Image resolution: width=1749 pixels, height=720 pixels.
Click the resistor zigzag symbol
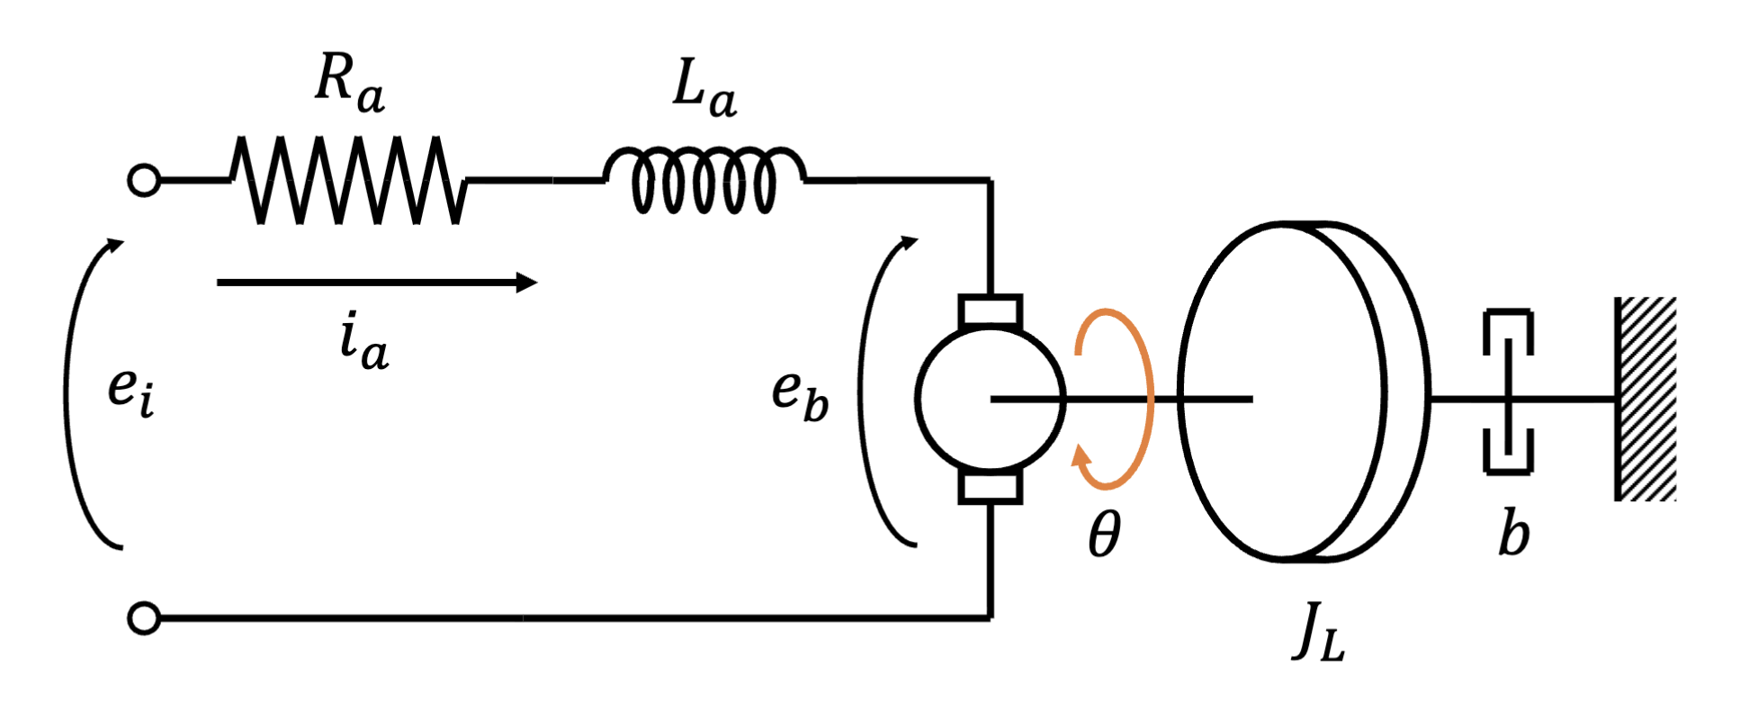coord(349,180)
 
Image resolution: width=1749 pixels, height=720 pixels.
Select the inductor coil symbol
coord(704,180)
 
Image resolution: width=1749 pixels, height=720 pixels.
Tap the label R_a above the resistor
coord(350,85)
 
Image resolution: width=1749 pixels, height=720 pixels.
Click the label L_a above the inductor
coord(704,90)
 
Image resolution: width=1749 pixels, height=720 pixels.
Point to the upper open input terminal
coord(144,180)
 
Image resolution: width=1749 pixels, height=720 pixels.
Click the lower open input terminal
coord(144,619)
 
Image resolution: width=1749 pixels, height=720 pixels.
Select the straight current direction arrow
coord(377,283)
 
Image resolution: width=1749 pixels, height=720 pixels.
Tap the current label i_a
coord(364,342)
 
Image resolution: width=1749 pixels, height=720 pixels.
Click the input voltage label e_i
coord(131,392)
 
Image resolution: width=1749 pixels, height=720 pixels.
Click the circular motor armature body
coord(991,399)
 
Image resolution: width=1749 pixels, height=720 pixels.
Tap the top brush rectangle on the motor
coord(991,310)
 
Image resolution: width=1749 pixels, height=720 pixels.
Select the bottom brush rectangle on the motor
coord(991,487)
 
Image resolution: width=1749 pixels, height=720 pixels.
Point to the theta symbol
coord(1105,535)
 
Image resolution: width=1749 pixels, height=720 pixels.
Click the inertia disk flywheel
coord(1305,392)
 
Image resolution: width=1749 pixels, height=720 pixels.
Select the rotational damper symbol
coord(1509,391)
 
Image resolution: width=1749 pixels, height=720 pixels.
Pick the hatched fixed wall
coord(1646,399)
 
